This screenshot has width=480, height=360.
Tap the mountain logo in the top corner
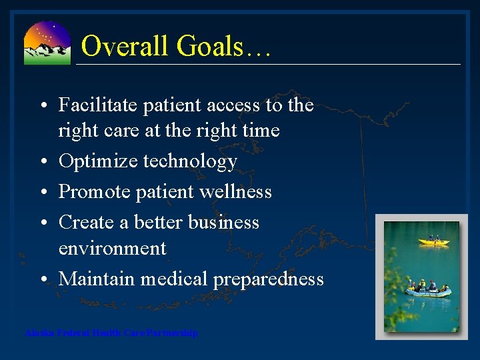click(47, 43)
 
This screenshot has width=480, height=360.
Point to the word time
click(259, 130)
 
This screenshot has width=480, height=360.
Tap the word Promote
click(94, 192)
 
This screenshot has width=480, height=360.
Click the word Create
click(85, 223)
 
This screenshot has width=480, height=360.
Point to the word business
click(222, 223)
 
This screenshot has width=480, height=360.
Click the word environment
click(113, 249)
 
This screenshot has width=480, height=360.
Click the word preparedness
click(268, 279)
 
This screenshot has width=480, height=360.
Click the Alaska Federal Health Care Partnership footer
click(111, 333)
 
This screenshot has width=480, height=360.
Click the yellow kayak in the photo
click(434, 241)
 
